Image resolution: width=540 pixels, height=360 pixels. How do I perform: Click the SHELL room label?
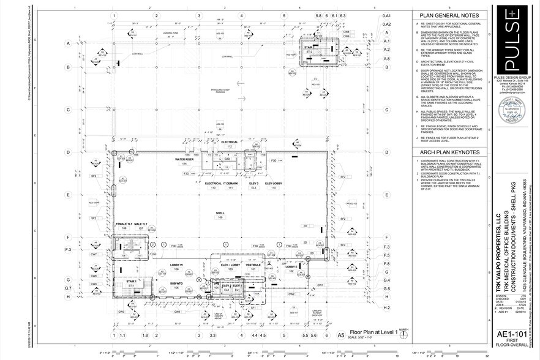pos(220,214)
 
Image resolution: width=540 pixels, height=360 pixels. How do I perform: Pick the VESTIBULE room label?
pos(252,264)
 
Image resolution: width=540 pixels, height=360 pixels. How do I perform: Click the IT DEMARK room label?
pos(230,183)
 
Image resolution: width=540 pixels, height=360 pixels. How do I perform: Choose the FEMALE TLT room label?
pos(123,225)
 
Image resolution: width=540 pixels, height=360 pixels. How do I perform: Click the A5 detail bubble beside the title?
pos(340,334)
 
